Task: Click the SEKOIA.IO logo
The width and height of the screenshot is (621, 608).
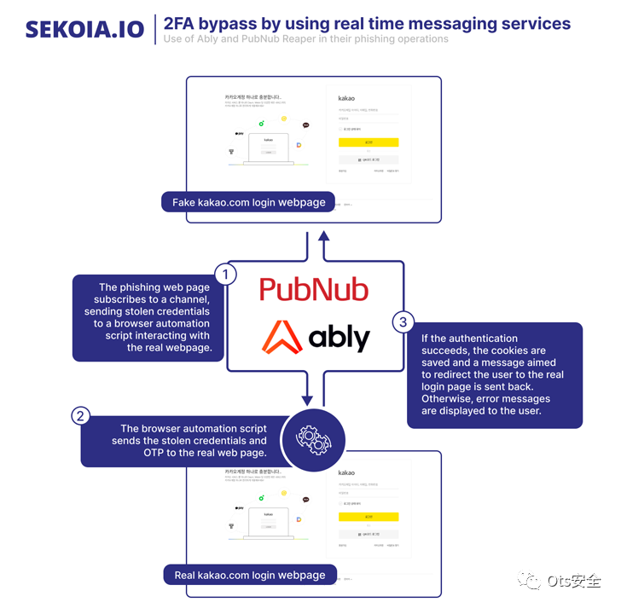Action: coord(84,28)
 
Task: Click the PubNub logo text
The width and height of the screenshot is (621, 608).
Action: coord(314,289)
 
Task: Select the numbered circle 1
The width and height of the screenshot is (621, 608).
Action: coord(224,275)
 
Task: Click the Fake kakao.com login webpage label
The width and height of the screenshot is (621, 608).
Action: coord(248,202)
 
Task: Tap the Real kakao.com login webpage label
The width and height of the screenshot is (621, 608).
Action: coord(250,575)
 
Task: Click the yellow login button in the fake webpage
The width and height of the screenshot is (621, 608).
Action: coord(368,143)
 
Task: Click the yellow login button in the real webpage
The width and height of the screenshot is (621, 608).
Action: coord(368,517)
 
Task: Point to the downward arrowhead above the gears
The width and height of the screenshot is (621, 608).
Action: coord(306,399)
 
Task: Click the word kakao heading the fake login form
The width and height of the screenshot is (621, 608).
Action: coord(346,99)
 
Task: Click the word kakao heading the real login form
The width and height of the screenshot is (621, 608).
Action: coord(346,472)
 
